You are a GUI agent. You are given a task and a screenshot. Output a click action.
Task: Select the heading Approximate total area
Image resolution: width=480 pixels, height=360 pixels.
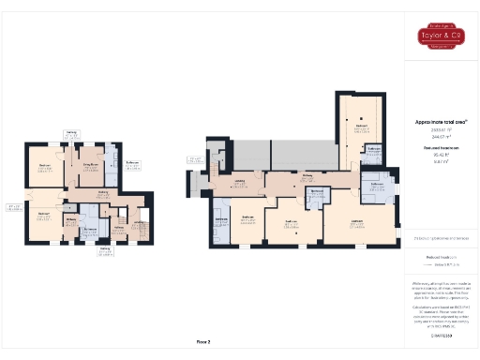pos(441,122)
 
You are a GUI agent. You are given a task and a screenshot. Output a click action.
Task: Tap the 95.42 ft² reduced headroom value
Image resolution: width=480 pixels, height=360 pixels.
pos(441,155)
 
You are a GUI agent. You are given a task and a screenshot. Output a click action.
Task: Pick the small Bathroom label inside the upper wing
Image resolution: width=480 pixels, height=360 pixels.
pos(372,149)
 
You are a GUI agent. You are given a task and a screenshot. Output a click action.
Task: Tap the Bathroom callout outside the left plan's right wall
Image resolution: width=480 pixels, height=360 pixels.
pos(132,163)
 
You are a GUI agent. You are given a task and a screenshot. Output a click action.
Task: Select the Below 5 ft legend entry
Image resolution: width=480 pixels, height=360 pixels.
pos(442,266)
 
